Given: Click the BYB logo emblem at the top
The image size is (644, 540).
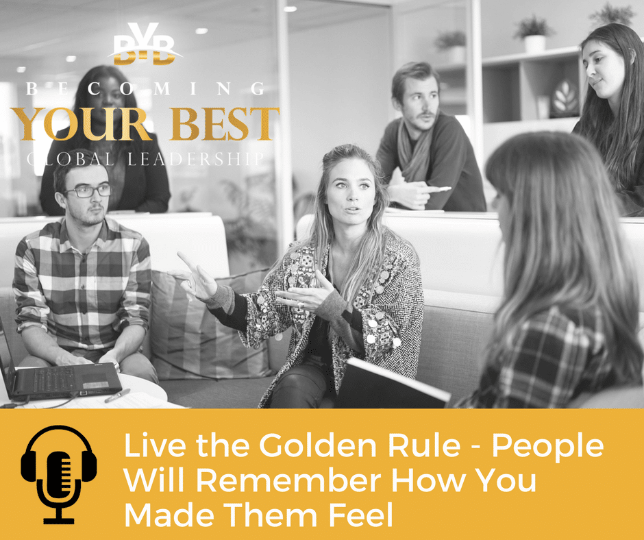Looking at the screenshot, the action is pos(145,45).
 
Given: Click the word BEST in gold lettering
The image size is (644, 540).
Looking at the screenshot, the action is pos(225,124).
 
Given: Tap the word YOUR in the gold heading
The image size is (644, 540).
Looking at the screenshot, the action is pos(83,124).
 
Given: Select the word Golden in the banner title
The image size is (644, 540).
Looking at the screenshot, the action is pos(317,445).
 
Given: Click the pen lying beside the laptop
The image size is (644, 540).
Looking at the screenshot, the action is pos(117,395).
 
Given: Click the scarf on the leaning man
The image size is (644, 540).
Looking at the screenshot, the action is pos(414,152).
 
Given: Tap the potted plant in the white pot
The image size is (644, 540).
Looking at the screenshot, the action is pos(534,34).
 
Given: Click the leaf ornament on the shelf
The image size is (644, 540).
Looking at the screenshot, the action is pos(565,99).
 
